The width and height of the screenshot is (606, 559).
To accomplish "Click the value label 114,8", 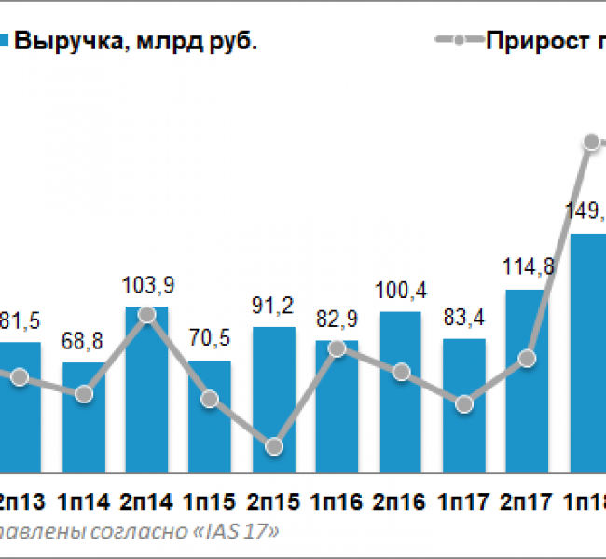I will click(x=527, y=268).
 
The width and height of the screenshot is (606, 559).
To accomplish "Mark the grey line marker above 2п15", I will click(x=274, y=447).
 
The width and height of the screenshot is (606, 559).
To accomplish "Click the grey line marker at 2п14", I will click(x=146, y=315).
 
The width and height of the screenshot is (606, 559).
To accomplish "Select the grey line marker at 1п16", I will click(x=337, y=348).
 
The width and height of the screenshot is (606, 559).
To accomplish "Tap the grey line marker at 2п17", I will click(x=528, y=358).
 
